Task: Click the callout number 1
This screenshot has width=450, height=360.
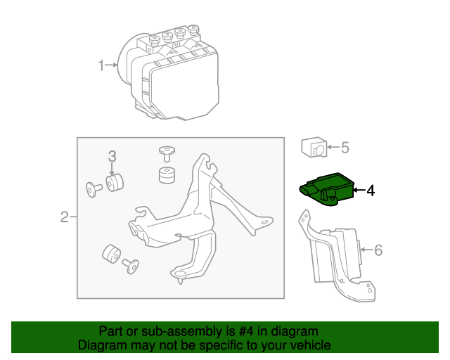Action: (x=101, y=66)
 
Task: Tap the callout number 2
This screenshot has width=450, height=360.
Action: (x=64, y=217)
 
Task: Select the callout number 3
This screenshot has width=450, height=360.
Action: (x=111, y=156)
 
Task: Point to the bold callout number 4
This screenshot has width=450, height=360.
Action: (x=371, y=190)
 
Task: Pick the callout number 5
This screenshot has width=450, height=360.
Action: (x=345, y=148)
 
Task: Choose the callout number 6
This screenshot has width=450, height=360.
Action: (x=378, y=249)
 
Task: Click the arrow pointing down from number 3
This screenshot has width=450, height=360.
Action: (x=111, y=169)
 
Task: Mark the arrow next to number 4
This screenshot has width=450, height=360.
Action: (x=358, y=190)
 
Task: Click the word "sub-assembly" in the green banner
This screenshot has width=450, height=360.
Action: (x=176, y=331)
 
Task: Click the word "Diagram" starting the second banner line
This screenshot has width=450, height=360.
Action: (x=101, y=345)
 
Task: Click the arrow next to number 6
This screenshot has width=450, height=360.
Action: (x=365, y=249)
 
